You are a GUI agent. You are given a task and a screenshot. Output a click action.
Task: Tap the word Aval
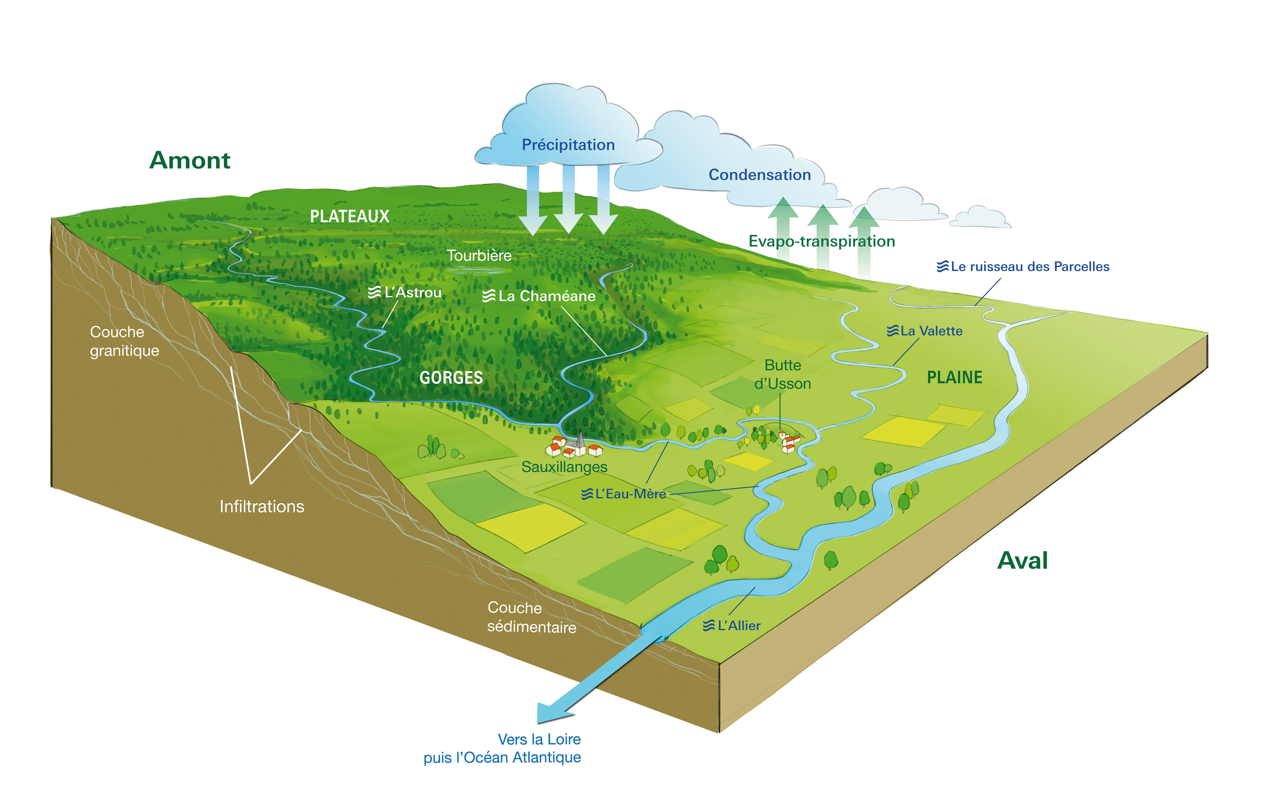tap(1022, 561)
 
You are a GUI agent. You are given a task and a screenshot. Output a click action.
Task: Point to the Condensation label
tap(759, 175)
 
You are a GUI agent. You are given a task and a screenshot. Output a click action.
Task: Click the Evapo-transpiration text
tap(822, 241)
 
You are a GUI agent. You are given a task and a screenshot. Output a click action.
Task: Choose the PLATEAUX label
tap(350, 216)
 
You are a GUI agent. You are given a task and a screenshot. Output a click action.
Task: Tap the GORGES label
tap(451, 377)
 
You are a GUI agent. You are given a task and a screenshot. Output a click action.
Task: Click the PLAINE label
tap(954, 377)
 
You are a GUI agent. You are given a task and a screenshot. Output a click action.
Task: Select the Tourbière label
tap(479, 255)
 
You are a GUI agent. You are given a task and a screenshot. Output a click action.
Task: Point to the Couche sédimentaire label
tap(531, 617)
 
